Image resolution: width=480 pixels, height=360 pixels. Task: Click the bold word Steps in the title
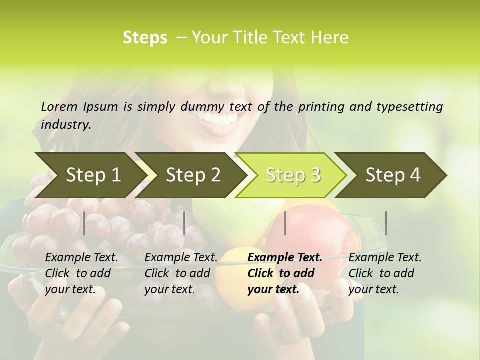coord(145,38)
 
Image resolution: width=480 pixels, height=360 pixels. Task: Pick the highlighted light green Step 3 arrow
coord(292,175)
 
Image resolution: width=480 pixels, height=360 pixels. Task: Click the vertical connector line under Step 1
coord(84,223)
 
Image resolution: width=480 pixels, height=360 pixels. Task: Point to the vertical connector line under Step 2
coord(184,223)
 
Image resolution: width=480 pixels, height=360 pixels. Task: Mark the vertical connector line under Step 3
coord(285,223)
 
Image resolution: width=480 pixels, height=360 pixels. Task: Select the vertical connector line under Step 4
coord(386,223)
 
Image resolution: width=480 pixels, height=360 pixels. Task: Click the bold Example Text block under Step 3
coord(284,273)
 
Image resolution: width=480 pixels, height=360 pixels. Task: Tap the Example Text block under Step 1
coord(81,273)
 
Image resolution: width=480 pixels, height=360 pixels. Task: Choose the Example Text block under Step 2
coord(181,273)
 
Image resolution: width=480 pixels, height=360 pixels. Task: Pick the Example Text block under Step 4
coord(385,273)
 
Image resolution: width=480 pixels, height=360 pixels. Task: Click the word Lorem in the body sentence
coord(59,107)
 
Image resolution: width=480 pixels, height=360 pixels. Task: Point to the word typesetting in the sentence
coord(414,107)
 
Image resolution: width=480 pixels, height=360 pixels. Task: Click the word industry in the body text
coord(65,125)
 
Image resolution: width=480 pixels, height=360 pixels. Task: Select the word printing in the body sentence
coord(325,107)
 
